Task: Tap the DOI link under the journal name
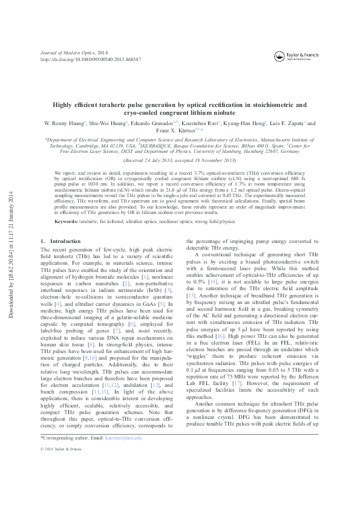[82, 60]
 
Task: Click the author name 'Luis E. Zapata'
[288, 123]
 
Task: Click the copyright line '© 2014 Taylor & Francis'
[62, 484]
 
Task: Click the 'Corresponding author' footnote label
[59, 471]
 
